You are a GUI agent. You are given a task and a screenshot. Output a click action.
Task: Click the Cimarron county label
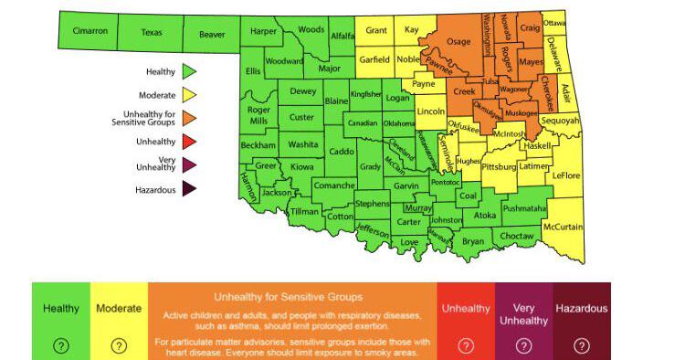[x=90, y=31]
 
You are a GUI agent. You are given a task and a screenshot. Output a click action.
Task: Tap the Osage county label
[x=458, y=41]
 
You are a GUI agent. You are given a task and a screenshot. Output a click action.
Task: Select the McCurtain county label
[x=563, y=227]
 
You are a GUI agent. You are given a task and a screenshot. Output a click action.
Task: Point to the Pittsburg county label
[x=499, y=168]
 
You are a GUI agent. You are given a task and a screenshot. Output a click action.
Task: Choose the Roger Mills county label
[x=258, y=115]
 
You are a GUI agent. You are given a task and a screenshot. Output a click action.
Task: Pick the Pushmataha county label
[x=524, y=208]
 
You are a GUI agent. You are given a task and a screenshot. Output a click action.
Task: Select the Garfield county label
[x=374, y=59]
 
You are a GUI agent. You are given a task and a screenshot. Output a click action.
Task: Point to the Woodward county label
[x=284, y=61]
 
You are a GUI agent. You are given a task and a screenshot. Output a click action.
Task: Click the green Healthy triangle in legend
[x=190, y=70]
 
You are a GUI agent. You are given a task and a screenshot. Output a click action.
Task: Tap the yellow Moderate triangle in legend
[x=190, y=94]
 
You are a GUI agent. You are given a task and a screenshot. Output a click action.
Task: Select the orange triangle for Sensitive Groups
[x=190, y=118]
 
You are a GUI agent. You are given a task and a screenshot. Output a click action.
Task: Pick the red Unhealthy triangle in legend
[x=190, y=142]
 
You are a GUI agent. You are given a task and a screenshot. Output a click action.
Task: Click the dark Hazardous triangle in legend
[x=190, y=190]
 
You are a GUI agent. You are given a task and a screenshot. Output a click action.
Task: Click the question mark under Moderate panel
[x=118, y=345]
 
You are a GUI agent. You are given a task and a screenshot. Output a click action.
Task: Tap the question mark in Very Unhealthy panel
[x=523, y=345]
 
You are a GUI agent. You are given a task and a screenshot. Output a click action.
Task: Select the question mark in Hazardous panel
[x=581, y=345]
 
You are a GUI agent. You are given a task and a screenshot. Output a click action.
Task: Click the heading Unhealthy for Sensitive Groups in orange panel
[x=288, y=297]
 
